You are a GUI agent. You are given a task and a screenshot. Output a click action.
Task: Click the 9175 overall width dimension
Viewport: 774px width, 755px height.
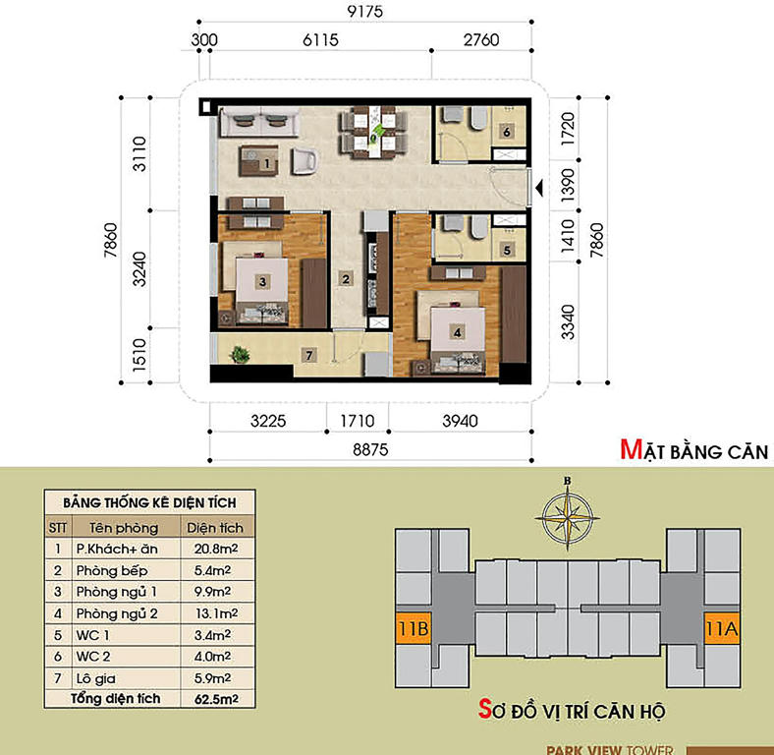click(364, 11)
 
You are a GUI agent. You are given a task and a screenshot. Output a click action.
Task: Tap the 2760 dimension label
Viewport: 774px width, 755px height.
click(480, 39)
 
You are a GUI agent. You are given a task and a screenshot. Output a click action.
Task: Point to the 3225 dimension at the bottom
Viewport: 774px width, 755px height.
click(268, 421)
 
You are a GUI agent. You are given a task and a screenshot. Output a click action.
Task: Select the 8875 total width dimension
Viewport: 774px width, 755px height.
click(370, 449)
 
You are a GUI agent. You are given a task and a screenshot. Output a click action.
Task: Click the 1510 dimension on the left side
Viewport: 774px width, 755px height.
click(139, 355)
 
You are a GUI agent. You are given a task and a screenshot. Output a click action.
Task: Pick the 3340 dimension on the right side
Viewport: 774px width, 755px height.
click(568, 322)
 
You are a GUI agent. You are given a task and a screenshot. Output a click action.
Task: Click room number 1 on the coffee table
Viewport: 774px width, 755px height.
click(266, 163)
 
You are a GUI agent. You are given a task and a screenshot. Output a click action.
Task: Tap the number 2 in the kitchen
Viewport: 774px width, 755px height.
click(346, 279)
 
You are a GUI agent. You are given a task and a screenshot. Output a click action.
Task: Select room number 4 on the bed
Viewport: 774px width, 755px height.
click(457, 332)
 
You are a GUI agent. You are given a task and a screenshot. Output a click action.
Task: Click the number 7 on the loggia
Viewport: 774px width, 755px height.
click(309, 355)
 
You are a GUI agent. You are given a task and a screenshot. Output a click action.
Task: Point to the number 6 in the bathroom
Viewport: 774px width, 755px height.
click(507, 132)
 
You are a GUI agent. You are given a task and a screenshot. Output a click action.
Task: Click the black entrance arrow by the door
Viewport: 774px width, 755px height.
click(539, 187)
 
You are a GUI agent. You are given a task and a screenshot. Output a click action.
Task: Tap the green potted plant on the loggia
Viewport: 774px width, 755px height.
click(240, 354)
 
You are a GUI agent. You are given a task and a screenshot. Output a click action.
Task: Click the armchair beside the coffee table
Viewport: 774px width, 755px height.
click(304, 161)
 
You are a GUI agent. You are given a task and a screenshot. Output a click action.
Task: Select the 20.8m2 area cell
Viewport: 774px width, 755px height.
click(216, 549)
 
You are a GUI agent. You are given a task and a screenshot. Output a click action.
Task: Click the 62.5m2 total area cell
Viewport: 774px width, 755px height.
click(216, 699)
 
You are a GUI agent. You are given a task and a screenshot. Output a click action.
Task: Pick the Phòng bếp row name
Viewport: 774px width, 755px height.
click(112, 571)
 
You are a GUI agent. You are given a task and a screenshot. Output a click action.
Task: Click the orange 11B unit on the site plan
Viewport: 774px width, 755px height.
click(414, 628)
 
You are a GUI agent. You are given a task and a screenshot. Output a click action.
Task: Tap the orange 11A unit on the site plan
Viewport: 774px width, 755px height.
click(722, 628)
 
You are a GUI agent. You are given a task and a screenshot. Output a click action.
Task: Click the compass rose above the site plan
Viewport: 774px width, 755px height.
click(567, 517)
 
